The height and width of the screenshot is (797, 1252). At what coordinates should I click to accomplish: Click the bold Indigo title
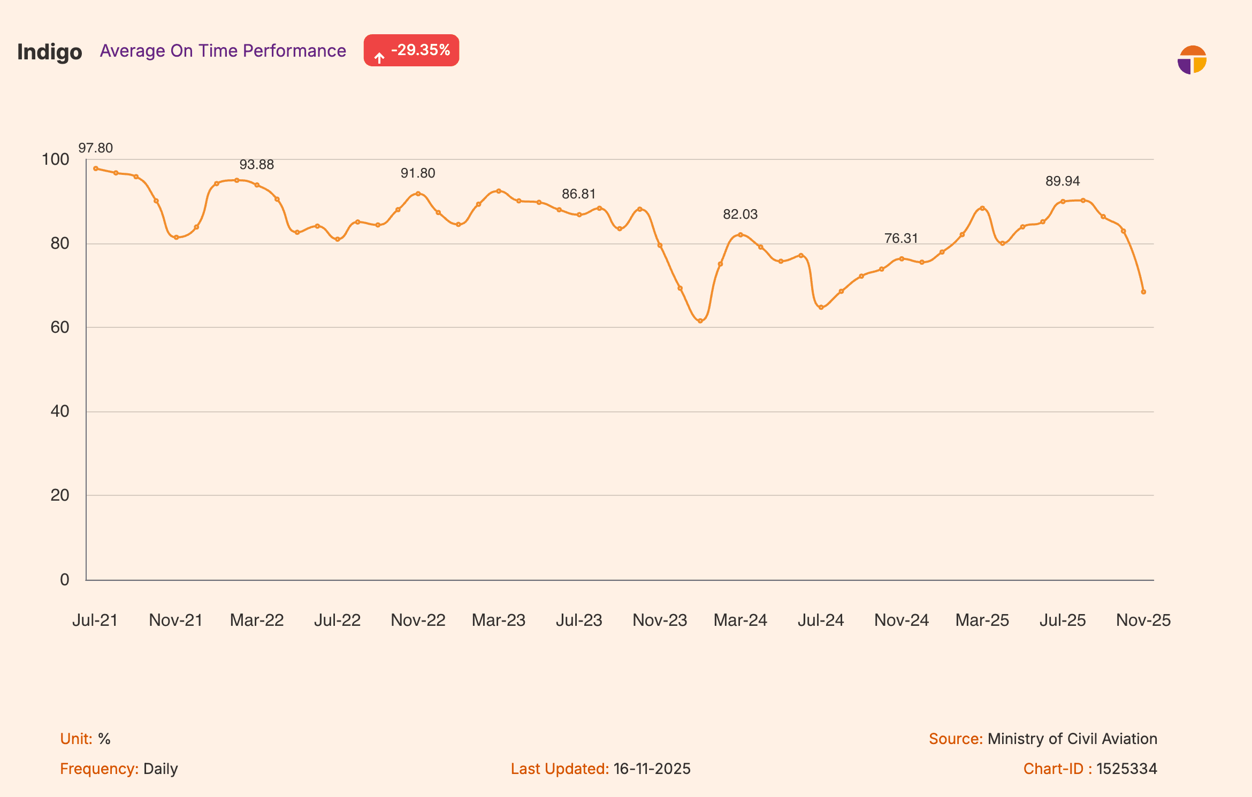pos(50,52)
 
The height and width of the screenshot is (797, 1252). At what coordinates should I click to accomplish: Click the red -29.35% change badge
pos(411,50)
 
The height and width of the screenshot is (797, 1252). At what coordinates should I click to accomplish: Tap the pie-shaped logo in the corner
pos(1192,60)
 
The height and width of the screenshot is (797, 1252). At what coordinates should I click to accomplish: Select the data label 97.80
pos(96,148)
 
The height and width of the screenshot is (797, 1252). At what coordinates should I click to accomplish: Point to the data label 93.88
pos(257,165)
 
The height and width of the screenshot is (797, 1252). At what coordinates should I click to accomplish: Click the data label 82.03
pos(740,214)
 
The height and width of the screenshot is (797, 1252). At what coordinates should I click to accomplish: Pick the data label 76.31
pos(901,239)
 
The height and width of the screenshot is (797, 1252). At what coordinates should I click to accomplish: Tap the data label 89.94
pos(1063,181)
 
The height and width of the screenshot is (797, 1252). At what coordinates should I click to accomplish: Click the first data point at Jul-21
pos(96,168)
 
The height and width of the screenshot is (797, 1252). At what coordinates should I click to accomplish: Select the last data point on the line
pos(1143,292)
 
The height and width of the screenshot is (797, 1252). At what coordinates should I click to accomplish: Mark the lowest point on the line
pos(700,321)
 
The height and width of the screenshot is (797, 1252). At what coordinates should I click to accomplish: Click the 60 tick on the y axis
pos(60,327)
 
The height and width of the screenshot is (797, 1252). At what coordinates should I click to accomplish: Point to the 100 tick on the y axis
pos(56,159)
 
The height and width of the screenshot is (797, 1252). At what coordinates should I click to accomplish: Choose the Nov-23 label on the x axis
pos(660,620)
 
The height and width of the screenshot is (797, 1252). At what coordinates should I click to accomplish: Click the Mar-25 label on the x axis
pos(982,620)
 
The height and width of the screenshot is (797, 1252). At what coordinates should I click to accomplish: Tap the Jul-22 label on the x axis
pos(337,620)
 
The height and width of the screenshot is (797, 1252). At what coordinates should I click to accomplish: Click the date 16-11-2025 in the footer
pos(652,769)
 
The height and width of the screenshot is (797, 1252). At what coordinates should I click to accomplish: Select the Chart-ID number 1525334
pos(1127,769)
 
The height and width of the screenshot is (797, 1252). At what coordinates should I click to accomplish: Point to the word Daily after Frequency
pos(161,769)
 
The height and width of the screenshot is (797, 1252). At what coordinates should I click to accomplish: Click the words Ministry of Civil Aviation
pos(1072,739)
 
